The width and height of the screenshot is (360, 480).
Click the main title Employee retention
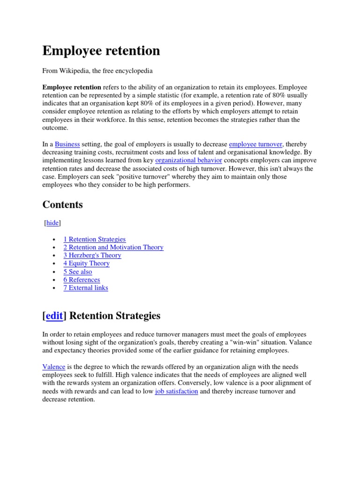coord(101,51)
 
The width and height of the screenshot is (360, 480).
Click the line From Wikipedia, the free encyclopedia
coord(97,71)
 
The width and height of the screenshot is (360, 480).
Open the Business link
coord(67,144)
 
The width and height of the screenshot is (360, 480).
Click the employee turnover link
coord(255,144)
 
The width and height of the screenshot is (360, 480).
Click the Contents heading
coord(62,205)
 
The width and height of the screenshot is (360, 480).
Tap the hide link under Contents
coord(52,223)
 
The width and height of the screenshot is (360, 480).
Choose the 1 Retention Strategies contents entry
coord(95,239)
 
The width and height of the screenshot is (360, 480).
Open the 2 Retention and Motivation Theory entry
coord(113,247)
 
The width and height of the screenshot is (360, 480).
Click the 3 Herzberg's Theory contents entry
coord(92,255)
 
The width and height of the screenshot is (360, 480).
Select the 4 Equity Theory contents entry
coord(86,263)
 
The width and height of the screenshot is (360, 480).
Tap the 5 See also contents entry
coord(78,271)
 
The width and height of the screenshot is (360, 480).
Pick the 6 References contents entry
coord(82,279)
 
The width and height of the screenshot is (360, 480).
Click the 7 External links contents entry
coord(86,287)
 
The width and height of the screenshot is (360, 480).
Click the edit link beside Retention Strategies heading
coord(54,315)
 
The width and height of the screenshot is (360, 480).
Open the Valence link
coord(54,367)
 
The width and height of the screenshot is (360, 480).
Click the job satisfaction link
coord(176,391)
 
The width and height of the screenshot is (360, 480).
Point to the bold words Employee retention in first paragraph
coord(72,87)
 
